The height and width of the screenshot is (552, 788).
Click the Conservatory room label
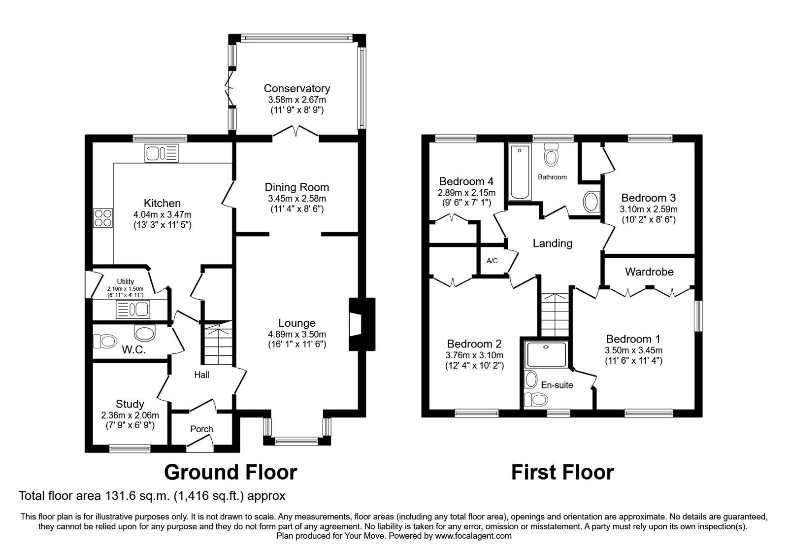(296, 89)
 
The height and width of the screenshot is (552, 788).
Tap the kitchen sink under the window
(162, 153)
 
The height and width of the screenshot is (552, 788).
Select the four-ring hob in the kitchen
(103, 218)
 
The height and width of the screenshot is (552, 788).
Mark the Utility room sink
(132, 310)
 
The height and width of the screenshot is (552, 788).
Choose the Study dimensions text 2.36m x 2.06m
(130, 415)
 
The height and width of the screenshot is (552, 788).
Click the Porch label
(201, 429)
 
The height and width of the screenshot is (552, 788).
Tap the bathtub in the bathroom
(518, 172)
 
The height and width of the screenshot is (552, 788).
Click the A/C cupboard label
(492, 261)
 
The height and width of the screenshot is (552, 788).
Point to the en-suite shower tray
(546, 354)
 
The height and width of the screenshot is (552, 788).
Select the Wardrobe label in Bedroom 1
(649, 272)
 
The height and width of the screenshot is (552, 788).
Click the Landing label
(553, 243)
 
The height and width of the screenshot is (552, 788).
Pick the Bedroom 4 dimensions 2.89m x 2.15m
(466, 193)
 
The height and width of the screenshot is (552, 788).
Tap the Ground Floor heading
(230, 472)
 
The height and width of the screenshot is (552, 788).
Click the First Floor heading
(562, 472)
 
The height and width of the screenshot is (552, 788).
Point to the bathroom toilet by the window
(551, 156)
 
